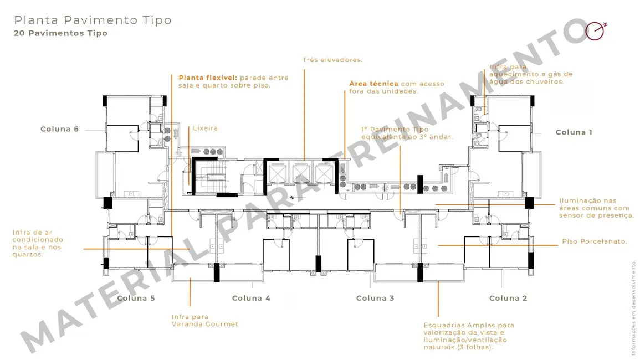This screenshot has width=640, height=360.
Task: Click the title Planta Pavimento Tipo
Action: (93, 20)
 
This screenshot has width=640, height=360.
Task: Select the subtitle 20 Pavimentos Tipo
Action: (61, 33)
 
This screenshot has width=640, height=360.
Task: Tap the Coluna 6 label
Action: (59, 129)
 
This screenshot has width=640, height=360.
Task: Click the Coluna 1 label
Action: (574, 132)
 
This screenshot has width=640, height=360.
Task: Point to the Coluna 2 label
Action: (508, 299)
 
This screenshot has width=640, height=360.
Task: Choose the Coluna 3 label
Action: (375, 299)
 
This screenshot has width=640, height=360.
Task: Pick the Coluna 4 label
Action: (251, 299)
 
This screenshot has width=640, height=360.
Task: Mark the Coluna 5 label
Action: (136, 299)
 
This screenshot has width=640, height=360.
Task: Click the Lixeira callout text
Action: (205, 128)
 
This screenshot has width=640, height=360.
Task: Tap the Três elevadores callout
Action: (332, 60)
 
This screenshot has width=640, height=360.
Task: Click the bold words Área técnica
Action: (373, 84)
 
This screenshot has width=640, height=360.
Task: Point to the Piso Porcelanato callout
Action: (594, 241)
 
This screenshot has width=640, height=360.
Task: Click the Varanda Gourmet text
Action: (205, 324)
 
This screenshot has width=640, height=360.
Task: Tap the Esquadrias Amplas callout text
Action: (468, 336)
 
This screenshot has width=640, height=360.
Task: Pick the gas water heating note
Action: (530, 74)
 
